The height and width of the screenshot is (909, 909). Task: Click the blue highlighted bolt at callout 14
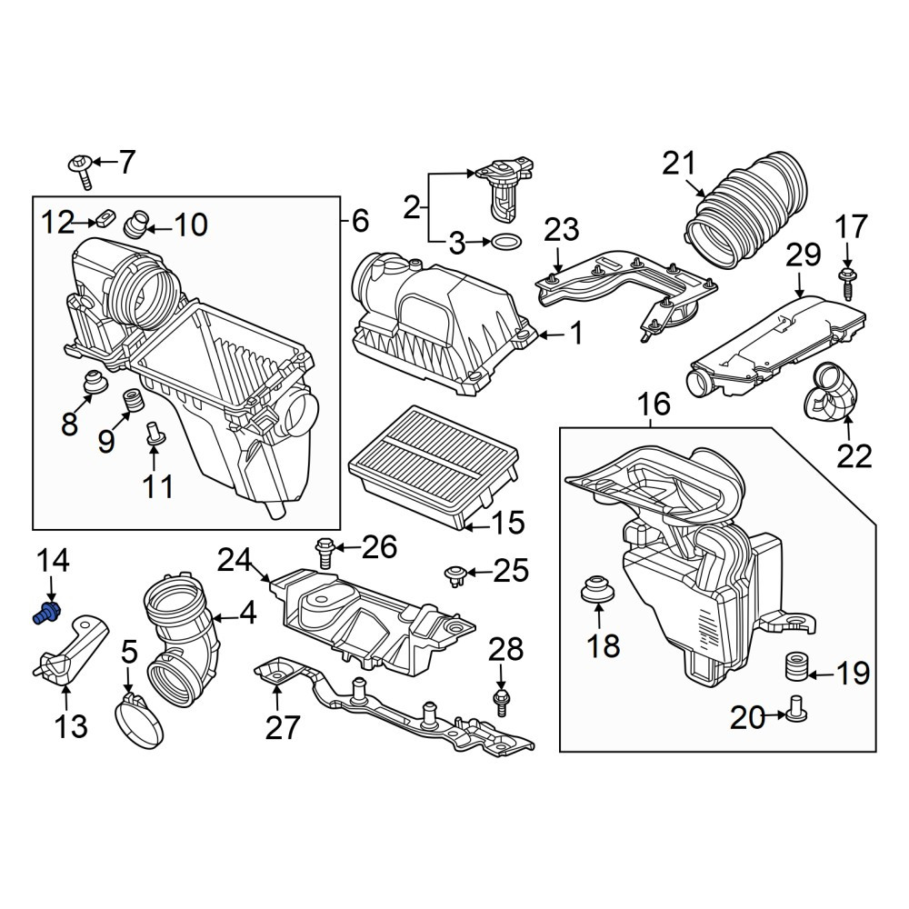point(46,612)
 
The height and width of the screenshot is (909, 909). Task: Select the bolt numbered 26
point(325,553)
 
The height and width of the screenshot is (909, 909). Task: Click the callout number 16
point(654,405)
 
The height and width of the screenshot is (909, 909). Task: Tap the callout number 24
point(235,560)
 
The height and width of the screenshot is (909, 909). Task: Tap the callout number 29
point(804,255)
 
